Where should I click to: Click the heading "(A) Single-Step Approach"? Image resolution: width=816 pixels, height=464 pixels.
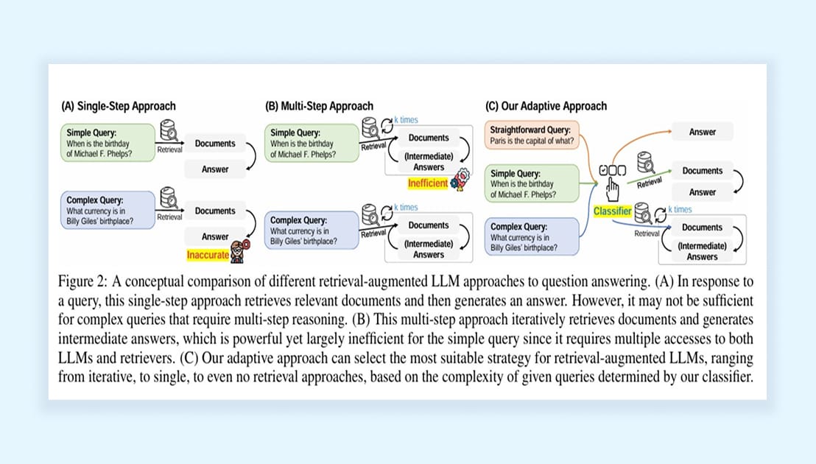tap(119, 106)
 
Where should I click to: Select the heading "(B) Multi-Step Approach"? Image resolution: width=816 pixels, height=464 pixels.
tap(319, 106)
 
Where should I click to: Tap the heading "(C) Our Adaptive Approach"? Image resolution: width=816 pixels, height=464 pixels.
tap(546, 106)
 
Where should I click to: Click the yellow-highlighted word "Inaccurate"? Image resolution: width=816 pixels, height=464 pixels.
tap(208, 255)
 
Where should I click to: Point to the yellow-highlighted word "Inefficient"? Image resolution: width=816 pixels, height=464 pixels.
tap(427, 183)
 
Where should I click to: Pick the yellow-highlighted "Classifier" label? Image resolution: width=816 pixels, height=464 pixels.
tap(613, 211)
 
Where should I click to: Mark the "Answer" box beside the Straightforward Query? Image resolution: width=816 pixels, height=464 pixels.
tap(702, 133)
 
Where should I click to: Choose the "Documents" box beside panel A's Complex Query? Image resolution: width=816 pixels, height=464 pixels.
tap(215, 211)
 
